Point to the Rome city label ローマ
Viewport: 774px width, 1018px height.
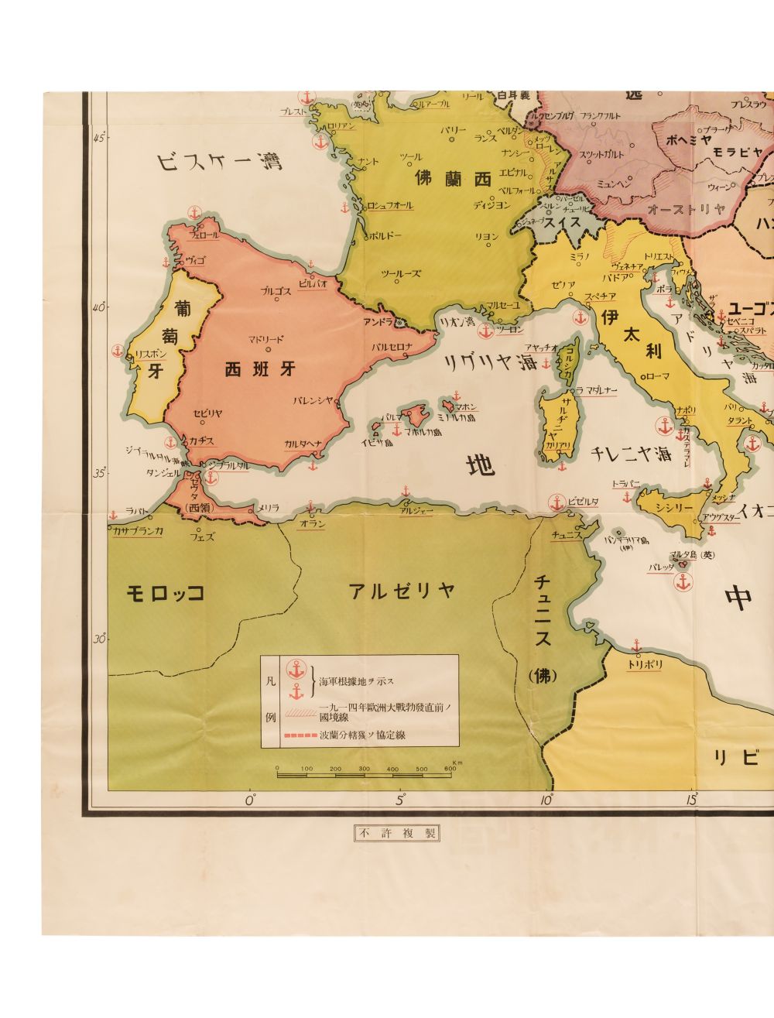click(x=655, y=397)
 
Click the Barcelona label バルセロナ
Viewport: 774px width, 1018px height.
click(x=393, y=346)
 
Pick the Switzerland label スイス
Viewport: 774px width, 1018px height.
click(x=562, y=222)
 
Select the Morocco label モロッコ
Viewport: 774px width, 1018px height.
click(x=165, y=593)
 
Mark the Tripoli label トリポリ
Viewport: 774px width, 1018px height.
click(x=644, y=664)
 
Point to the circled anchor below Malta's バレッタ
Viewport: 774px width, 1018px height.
click(x=683, y=582)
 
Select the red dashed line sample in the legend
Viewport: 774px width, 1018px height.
click(x=301, y=734)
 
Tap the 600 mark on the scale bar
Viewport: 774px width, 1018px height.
click(x=450, y=768)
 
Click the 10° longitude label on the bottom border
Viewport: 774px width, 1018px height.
click(x=548, y=800)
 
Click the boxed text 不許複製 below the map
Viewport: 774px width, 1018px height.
click(x=396, y=833)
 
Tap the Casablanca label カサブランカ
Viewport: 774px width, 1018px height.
click(x=137, y=531)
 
